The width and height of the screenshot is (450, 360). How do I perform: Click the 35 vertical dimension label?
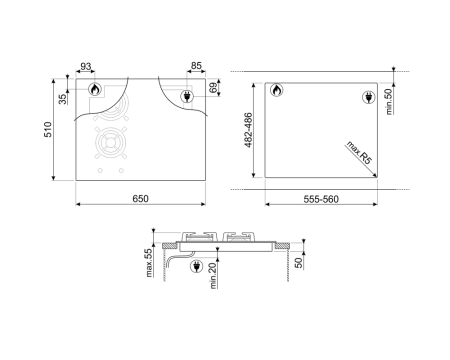63,98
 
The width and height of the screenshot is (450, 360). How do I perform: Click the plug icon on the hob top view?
186,96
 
